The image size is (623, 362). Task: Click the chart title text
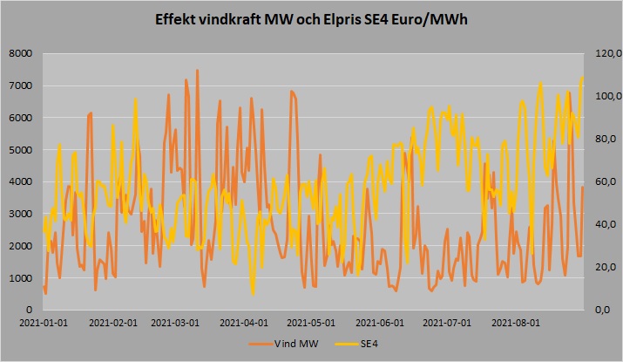point(311,18)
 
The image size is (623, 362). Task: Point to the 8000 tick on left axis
point(21,54)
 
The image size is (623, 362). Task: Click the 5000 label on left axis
point(21,150)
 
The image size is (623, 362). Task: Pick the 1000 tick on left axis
point(21,278)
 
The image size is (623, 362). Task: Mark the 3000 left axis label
point(21,215)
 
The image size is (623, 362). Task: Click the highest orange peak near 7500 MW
point(198,71)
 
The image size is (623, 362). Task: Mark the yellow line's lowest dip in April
point(253,293)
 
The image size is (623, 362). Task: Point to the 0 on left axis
point(28,311)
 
